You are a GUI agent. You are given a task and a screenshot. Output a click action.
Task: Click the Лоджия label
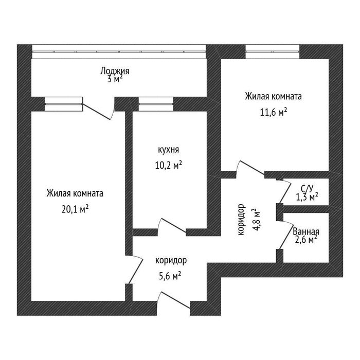(115, 71)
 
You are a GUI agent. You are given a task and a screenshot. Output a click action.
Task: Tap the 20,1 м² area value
(75, 209)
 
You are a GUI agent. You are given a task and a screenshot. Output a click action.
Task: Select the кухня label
(168, 150)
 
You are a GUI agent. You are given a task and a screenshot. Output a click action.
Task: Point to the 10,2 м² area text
(169, 165)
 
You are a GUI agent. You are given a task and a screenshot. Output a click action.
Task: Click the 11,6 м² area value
(274, 113)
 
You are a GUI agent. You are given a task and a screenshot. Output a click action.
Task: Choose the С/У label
(307, 189)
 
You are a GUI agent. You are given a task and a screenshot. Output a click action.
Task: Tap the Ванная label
(306, 232)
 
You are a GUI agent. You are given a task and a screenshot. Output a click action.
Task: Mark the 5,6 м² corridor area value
(170, 276)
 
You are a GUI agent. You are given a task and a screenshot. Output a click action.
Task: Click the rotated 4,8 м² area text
(257, 220)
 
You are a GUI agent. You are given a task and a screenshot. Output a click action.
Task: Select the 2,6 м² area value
(306, 240)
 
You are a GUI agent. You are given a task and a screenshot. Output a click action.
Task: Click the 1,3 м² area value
(307, 197)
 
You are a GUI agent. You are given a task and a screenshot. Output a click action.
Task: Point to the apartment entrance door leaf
(175, 300)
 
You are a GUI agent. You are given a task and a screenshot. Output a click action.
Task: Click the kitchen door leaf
(174, 225)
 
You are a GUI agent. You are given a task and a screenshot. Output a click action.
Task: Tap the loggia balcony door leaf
(97, 112)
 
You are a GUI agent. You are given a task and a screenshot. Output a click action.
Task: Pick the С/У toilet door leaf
(285, 192)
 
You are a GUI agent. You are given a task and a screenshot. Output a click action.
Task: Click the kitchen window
(156, 104)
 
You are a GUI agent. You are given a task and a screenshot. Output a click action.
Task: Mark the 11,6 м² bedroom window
(273, 51)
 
